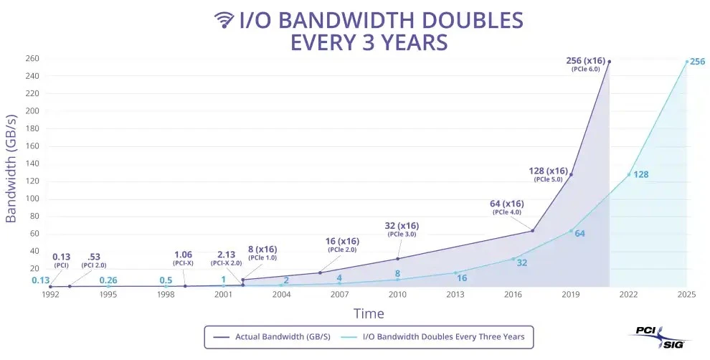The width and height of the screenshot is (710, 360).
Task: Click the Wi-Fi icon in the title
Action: [x=224, y=19]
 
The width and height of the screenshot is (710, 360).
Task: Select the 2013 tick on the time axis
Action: [x=455, y=294]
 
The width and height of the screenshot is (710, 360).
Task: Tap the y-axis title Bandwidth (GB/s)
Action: [x=11, y=167]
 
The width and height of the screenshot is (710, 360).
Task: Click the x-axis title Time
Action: [x=369, y=313]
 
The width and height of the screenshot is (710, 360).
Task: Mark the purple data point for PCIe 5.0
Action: [x=571, y=174]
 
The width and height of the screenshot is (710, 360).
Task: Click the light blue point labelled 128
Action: [x=629, y=174]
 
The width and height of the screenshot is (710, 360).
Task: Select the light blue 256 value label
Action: [x=697, y=62]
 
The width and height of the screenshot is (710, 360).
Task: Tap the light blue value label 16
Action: [x=462, y=278]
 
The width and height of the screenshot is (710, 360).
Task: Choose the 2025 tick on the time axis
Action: [x=686, y=294]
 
